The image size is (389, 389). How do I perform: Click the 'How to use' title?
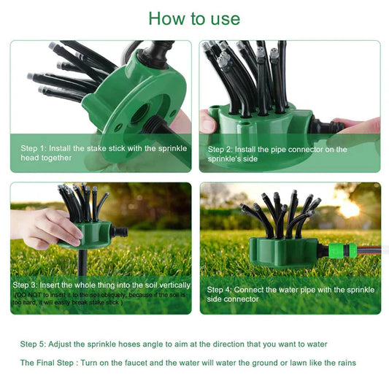[x=194, y=18]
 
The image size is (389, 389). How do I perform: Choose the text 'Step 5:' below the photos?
[x=34, y=344]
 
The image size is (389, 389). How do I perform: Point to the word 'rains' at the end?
[x=345, y=363]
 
